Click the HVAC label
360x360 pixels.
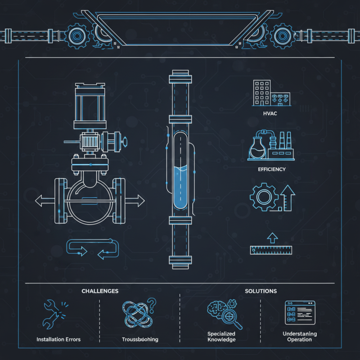[270, 113]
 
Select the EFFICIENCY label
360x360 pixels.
[271, 169]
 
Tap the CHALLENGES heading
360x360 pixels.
[100, 291]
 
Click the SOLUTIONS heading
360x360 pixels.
[261, 291]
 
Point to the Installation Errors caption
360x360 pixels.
[58, 339]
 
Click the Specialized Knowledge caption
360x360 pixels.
[221, 337]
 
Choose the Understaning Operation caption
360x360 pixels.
[300, 337]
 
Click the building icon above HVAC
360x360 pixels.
[270, 94]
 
